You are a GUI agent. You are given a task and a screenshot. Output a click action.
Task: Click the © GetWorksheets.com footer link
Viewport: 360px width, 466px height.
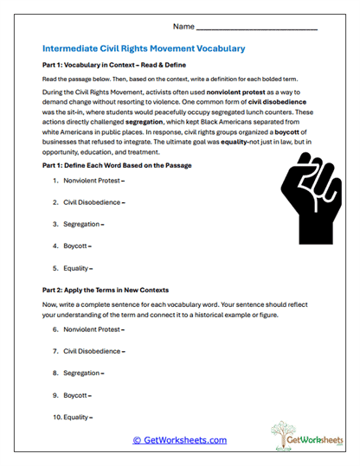tap(179, 440)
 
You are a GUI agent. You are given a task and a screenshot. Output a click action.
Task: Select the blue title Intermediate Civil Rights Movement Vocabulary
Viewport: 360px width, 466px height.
tap(144, 48)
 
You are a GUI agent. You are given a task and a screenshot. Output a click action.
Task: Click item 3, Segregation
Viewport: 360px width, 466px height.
tap(83, 224)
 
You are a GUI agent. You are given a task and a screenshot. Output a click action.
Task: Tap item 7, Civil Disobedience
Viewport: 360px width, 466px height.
tap(93, 351)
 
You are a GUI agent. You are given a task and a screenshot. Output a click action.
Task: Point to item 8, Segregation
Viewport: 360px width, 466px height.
tap(83, 373)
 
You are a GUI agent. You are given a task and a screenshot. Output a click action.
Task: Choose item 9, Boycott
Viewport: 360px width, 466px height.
tap(78, 394)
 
